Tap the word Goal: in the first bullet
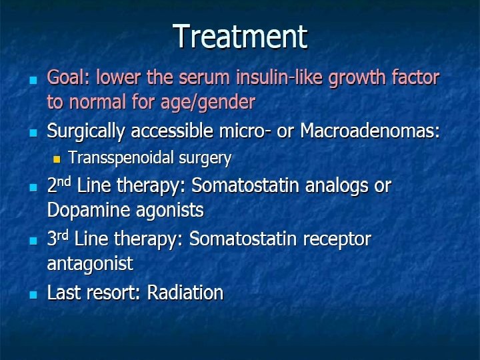(69, 78)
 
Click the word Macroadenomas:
(371, 131)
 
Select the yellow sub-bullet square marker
(56, 159)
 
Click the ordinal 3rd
(59, 239)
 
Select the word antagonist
(90, 263)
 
